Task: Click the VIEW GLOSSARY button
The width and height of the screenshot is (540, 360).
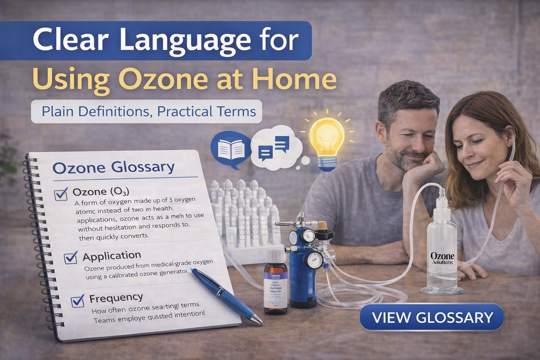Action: tap(432, 317)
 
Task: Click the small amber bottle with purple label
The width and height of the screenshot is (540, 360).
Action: tap(276, 281)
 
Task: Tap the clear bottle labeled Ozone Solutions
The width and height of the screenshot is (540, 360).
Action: tap(442, 253)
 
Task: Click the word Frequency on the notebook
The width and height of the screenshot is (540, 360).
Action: tap(116, 298)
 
